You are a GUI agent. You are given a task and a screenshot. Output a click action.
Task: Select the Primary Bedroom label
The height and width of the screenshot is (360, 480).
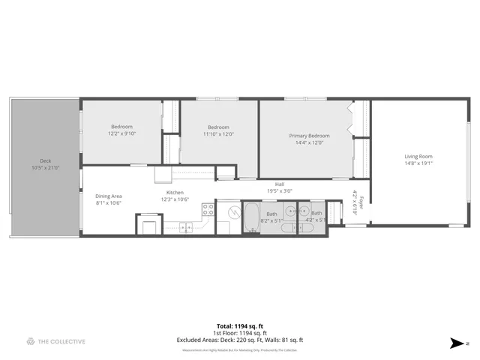click(x=310, y=136)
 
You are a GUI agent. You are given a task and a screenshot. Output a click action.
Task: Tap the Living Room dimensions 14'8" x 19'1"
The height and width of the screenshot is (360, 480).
click(x=418, y=163)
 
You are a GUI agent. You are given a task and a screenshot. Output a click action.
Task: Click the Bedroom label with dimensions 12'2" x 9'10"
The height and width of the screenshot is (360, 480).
click(x=122, y=127)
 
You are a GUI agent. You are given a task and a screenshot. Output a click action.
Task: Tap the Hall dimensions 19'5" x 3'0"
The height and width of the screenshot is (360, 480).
click(x=279, y=190)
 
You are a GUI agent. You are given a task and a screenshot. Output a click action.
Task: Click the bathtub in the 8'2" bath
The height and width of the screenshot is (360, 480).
click(x=250, y=218)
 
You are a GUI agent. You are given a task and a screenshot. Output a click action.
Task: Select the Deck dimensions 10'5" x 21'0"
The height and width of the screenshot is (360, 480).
click(x=45, y=168)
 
